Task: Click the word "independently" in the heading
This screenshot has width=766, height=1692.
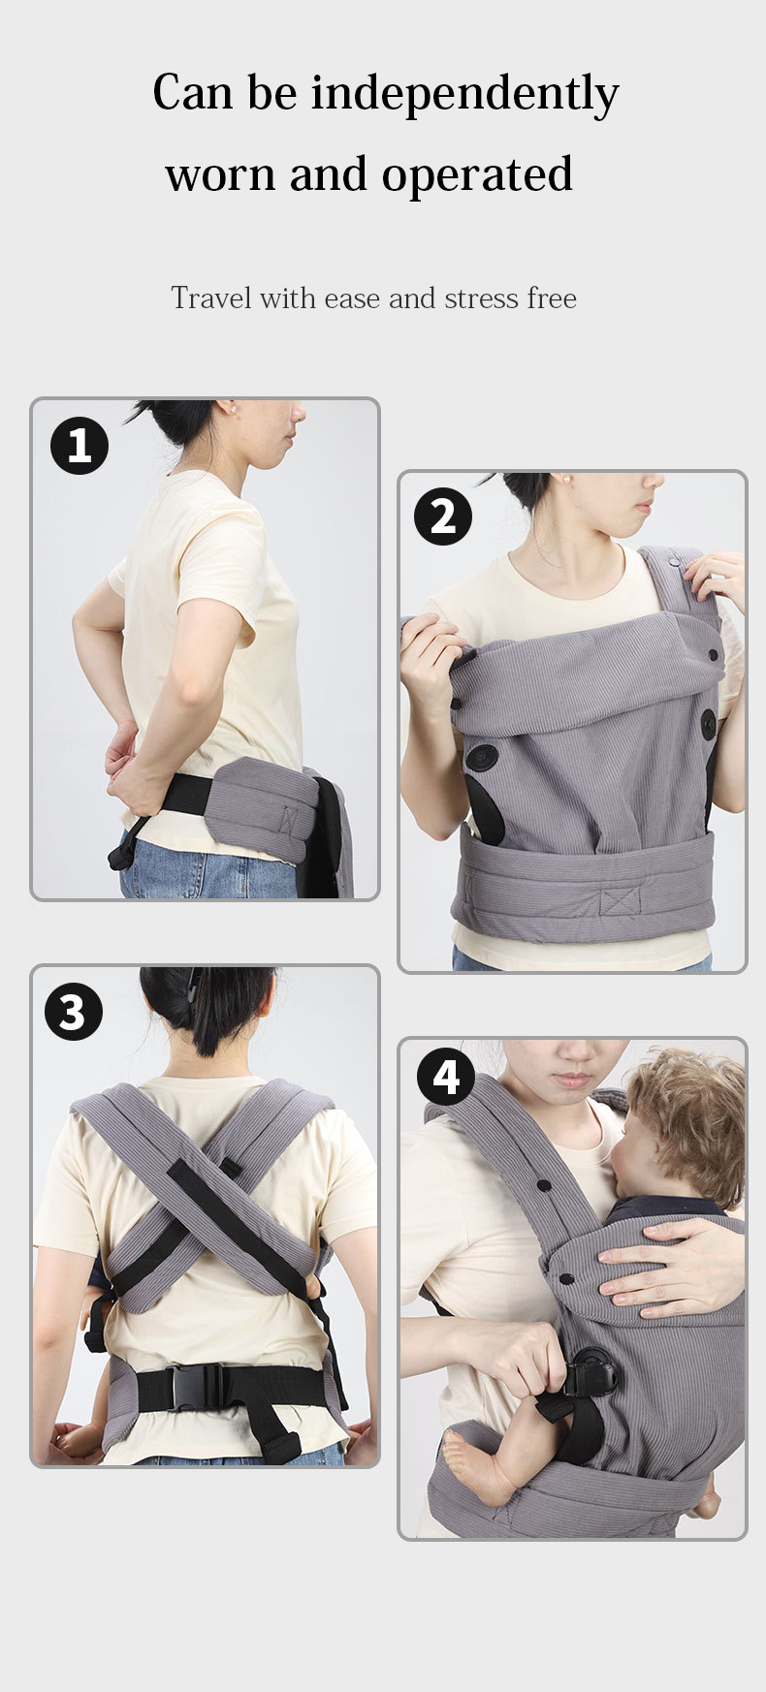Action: [464, 95]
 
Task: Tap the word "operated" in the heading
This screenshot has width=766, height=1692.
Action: [476, 175]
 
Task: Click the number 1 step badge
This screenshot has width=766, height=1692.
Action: [80, 446]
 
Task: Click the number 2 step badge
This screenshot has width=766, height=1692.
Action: [442, 517]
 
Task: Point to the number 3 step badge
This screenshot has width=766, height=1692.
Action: [74, 1012]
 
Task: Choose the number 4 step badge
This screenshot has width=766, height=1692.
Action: [445, 1077]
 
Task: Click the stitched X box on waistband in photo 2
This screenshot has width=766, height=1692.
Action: [620, 900]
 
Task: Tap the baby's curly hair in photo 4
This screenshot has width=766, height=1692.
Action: [689, 1114]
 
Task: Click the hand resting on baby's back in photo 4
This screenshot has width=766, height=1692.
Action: [669, 1265]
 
